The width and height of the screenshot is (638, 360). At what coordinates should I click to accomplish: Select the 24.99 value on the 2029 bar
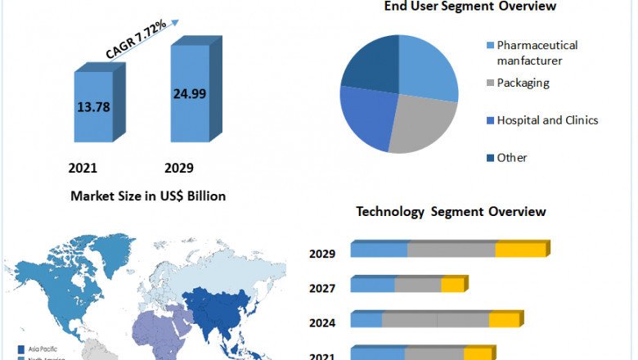point(190,93)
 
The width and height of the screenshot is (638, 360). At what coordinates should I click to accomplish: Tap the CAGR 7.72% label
point(137,39)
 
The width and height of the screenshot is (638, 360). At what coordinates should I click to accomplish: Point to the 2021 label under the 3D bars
point(83,168)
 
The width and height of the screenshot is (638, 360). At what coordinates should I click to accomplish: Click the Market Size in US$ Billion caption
point(147,196)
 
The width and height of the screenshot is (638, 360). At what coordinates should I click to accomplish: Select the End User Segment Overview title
point(470,7)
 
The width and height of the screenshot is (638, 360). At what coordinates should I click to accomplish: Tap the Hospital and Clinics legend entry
point(547,120)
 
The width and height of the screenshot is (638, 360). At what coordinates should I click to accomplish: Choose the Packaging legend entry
point(523,83)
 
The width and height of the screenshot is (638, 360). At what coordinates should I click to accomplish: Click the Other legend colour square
point(490,158)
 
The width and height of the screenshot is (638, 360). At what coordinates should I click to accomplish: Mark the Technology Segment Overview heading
point(451,212)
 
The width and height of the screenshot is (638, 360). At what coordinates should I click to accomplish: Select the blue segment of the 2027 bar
point(373,285)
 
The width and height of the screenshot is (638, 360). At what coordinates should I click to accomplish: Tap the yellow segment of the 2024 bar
point(504,320)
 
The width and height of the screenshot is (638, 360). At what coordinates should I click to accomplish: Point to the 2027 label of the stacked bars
point(322,288)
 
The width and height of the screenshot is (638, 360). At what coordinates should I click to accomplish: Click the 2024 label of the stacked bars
point(322,323)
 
